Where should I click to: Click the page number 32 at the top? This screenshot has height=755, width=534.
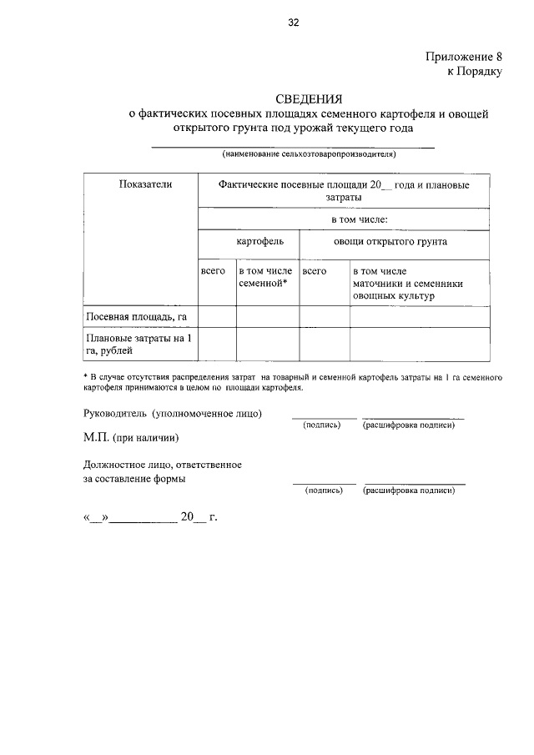coord(293,23)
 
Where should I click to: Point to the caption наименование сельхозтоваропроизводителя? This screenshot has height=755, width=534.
coord(309,154)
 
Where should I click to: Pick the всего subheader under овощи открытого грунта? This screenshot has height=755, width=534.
coord(315,272)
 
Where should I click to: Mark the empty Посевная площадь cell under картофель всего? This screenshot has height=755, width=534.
coord(216,317)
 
